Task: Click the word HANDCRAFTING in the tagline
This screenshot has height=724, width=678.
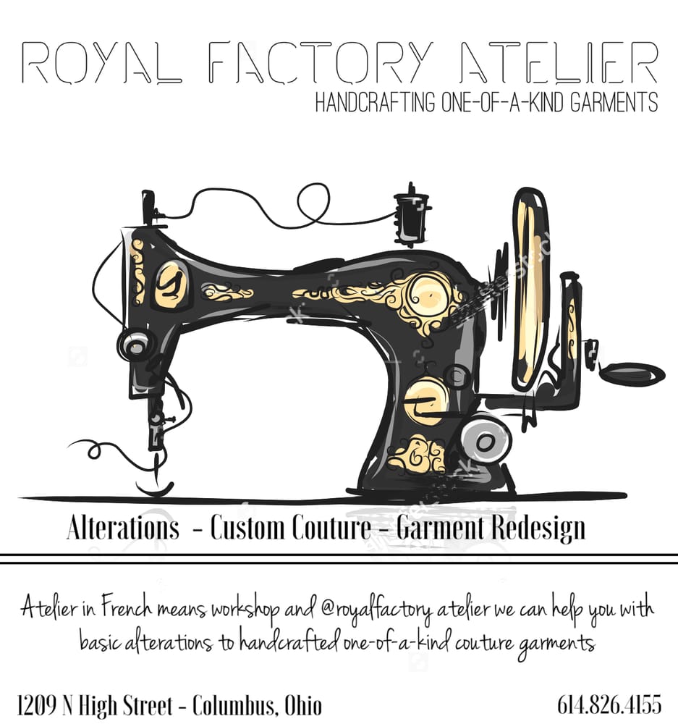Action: pyautogui.click(x=376, y=103)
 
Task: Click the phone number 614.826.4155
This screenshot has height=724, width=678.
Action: pyautogui.click(x=609, y=704)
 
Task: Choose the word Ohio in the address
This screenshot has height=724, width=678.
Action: pyautogui.click(x=303, y=704)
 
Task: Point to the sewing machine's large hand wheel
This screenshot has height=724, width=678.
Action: pyautogui.click(x=529, y=290)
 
